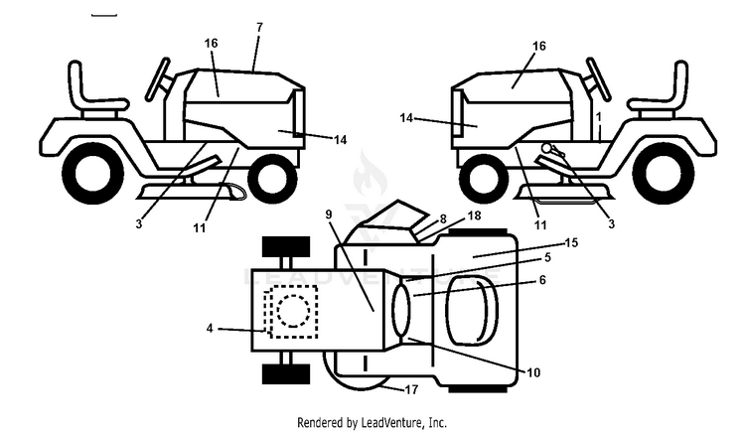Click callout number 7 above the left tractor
(x=259, y=28)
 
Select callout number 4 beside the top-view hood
(x=210, y=328)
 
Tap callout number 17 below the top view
(x=411, y=389)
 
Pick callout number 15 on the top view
(x=571, y=242)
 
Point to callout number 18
(x=474, y=216)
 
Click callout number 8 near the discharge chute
(x=443, y=218)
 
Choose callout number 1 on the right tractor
(x=599, y=117)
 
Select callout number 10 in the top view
(x=533, y=372)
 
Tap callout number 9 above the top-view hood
(x=329, y=215)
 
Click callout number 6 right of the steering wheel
(x=542, y=280)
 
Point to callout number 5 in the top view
(x=547, y=257)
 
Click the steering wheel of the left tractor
(x=158, y=79)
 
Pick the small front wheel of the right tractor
(x=484, y=180)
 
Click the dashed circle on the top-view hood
(x=294, y=311)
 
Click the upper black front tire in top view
(x=286, y=247)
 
